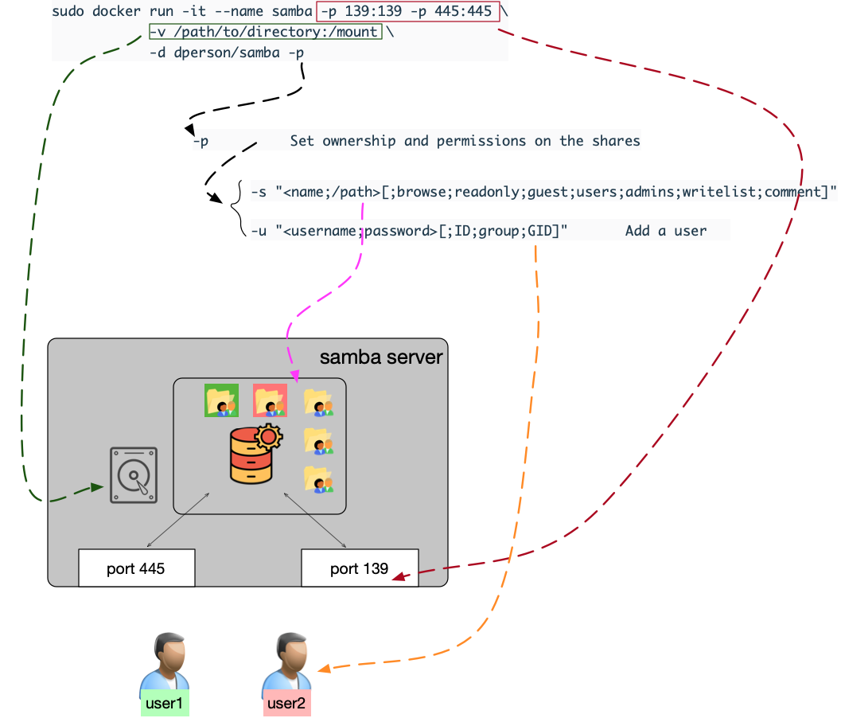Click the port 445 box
tap(136, 568)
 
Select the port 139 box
tap(360, 568)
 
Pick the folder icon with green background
tap(221, 400)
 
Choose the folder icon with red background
tap(270, 400)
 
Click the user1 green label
tap(165, 704)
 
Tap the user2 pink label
tap(286, 704)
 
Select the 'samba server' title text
tap(380, 357)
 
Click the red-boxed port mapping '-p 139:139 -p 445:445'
tap(409, 11)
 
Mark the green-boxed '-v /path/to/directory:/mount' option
tap(265, 32)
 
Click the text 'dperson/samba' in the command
tap(214, 53)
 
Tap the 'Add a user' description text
tap(665, 231)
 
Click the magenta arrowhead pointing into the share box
tap(294, 375)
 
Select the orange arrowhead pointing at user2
tap(324, 669)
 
